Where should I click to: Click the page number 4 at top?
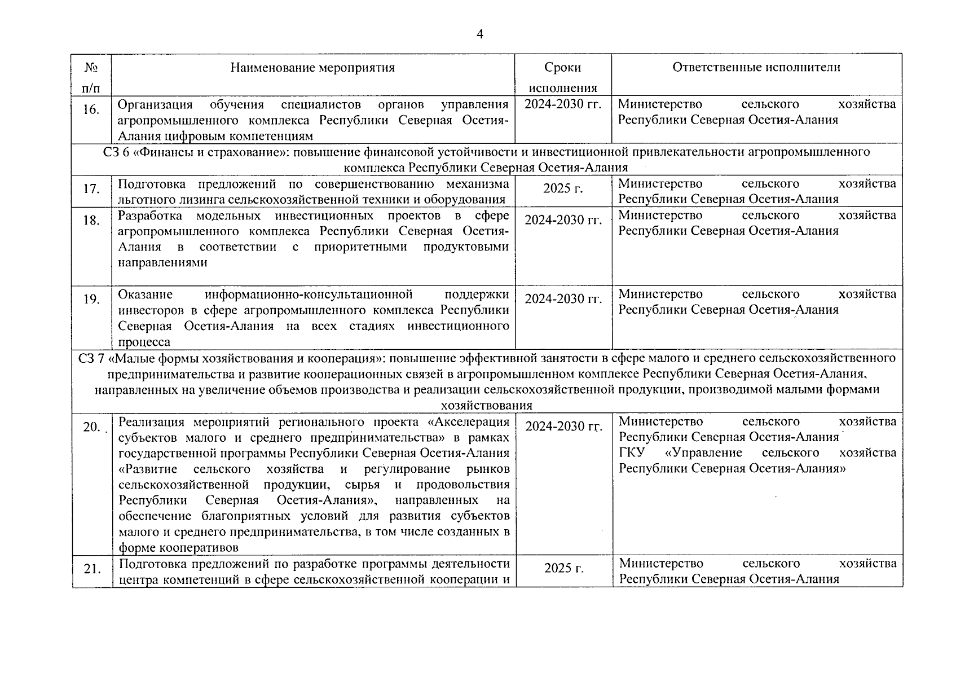coord(480,35)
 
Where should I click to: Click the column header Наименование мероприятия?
coord(312,68)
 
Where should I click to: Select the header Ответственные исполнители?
coord(756,67)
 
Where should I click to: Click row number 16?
coord(91,109)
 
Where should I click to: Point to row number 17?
coord(91,188)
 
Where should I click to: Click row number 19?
coord(91,299)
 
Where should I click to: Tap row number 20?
coord(91,427)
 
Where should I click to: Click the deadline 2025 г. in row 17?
coord(563,188)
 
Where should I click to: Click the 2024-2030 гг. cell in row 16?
coord(563,104)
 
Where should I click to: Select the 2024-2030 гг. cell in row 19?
coord(563,299)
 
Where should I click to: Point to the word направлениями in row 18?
coord(162,262)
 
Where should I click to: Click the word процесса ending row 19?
coord(144,342)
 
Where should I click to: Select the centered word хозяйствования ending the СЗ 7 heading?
coord(486,406)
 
